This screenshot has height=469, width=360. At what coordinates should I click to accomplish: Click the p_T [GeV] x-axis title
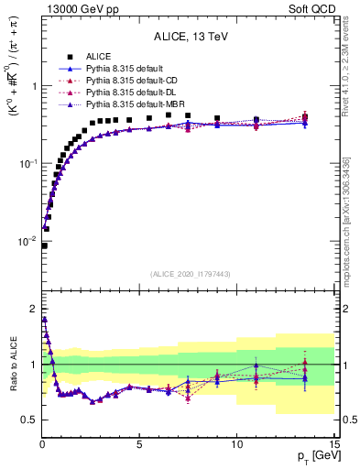pos(313,455)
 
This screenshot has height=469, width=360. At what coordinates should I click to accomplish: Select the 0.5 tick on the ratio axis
pos(28,420)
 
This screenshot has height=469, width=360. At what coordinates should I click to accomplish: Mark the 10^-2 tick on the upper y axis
pos(27,241)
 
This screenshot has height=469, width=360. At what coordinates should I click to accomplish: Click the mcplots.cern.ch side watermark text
pos(352,211)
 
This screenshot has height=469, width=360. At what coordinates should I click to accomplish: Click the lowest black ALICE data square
pos(44,245)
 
